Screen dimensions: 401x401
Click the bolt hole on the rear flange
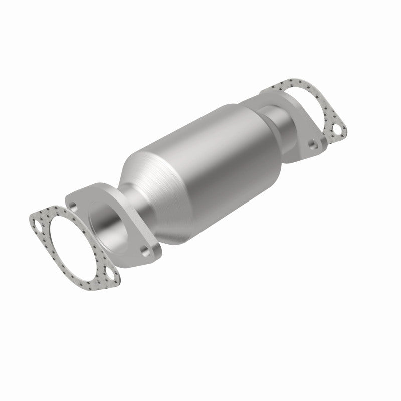(313, 144)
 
